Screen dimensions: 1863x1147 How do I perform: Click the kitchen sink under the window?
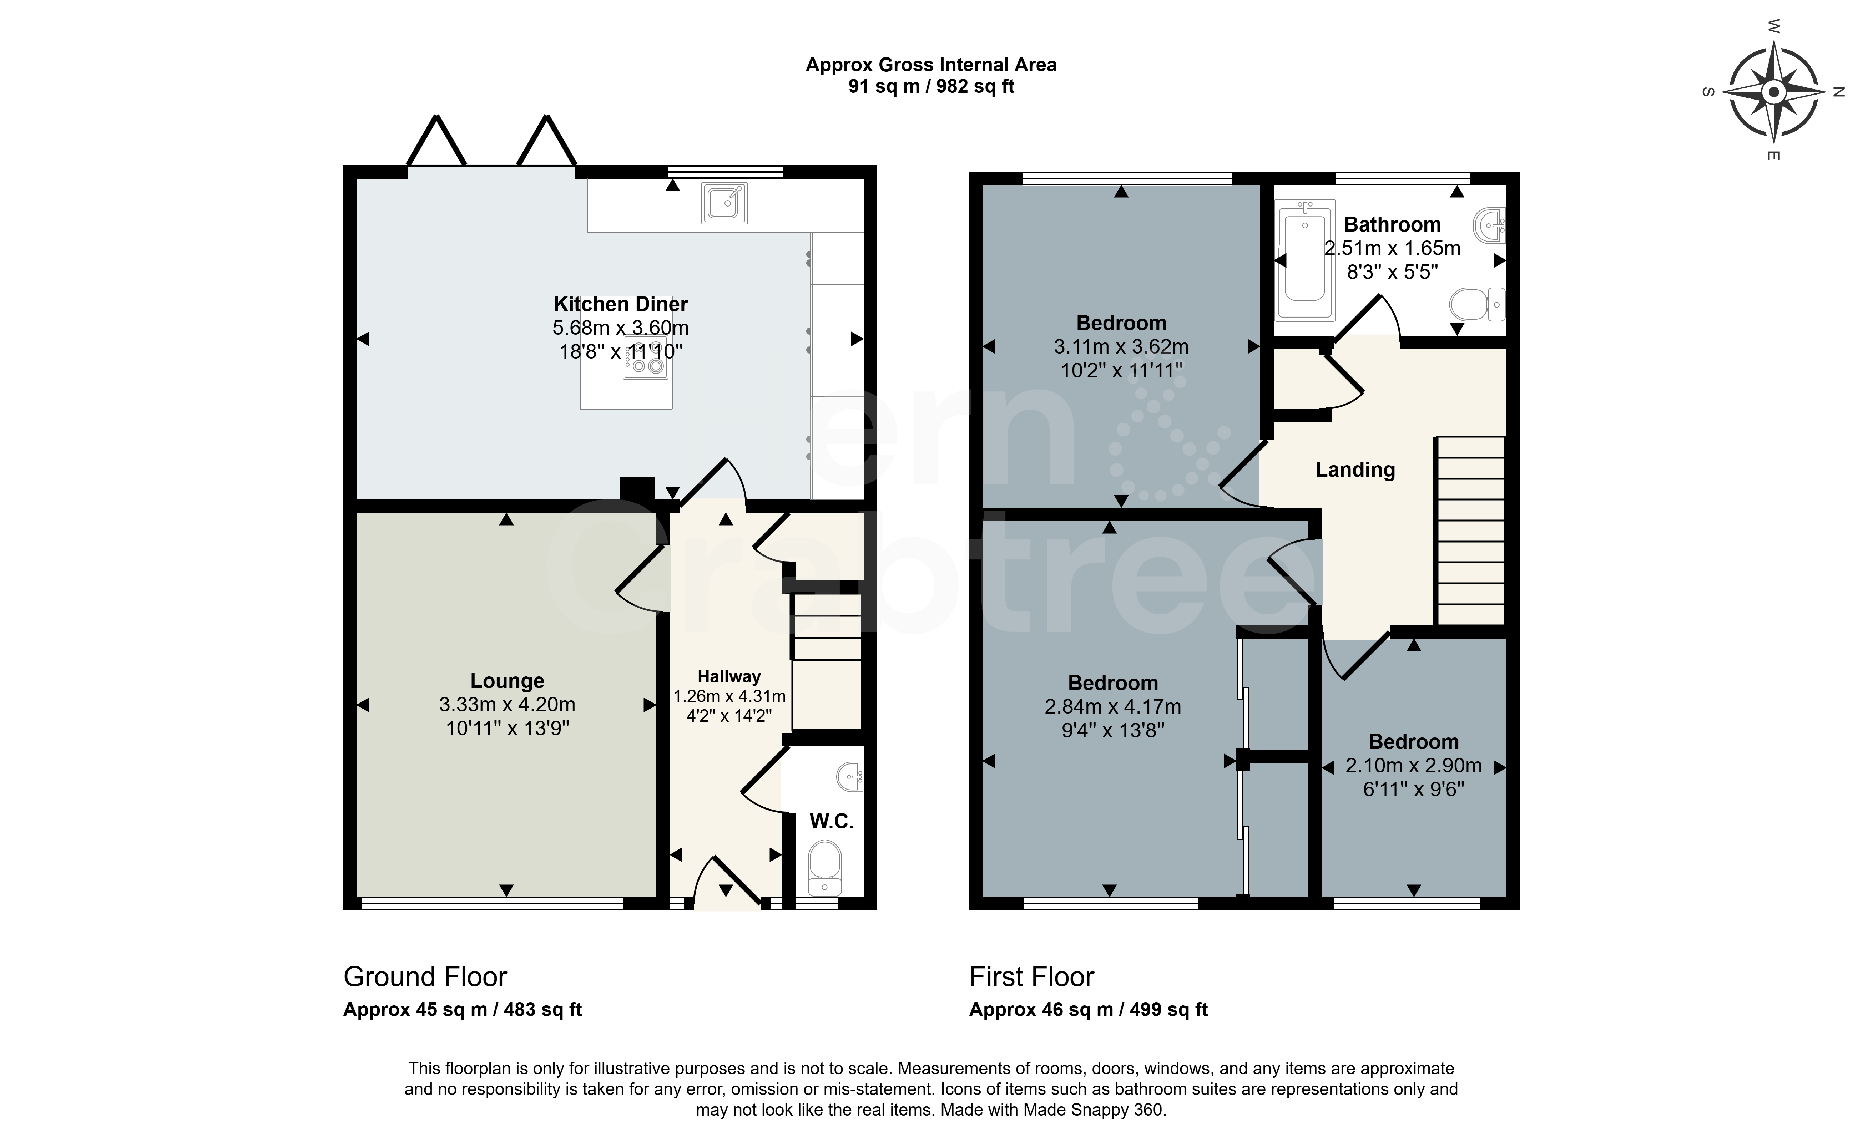tap(725, 203)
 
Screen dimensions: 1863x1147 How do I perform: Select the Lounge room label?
tap(507, 681)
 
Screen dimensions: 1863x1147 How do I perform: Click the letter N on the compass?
tap(1838, 92)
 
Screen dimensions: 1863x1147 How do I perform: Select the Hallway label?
tap(729, 677)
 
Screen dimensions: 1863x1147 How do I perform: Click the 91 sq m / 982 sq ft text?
tap(931, 86)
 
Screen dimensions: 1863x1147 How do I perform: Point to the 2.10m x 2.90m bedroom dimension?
tap(1414, 765)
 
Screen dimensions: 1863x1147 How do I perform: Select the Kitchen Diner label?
tap(621, 304)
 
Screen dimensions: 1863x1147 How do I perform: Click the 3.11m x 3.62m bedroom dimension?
tap(1122, 347)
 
